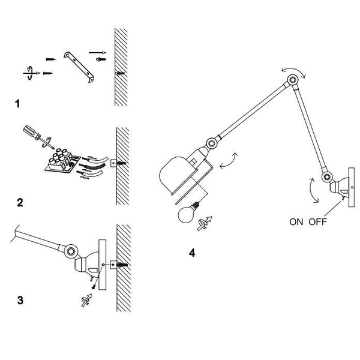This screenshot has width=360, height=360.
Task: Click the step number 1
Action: (17, 104)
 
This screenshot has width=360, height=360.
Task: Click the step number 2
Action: (20, 202)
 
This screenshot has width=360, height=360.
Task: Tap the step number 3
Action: (20, 299)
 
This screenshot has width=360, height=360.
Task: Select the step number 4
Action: (192, 253)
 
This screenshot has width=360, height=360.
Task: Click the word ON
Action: (296, 221)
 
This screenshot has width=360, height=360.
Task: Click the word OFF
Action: (318, 221)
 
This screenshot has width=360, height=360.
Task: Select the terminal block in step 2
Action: (60, 163)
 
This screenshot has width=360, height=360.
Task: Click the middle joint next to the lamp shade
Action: (212, 143)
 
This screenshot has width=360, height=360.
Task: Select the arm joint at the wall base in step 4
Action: (327, 178)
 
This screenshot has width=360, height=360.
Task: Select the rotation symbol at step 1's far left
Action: (27, 72)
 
